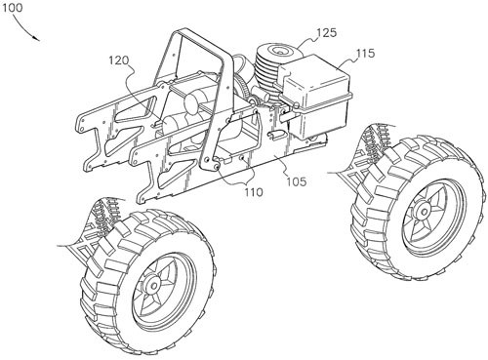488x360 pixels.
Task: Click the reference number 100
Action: tap(13, 7)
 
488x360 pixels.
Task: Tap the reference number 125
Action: tap(326, 32)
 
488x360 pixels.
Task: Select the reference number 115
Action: tap(365, 53)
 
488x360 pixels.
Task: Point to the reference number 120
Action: tap(119, 60)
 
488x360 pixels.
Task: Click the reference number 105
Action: tap(297, 181)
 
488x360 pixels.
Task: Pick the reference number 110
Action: tap(254, 192)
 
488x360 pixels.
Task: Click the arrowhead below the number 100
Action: tap(37, 39)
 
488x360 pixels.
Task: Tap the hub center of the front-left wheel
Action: tap(153, 286)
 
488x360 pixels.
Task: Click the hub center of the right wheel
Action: tap(424, 212)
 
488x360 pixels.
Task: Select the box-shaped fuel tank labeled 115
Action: tap(314, 95)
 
